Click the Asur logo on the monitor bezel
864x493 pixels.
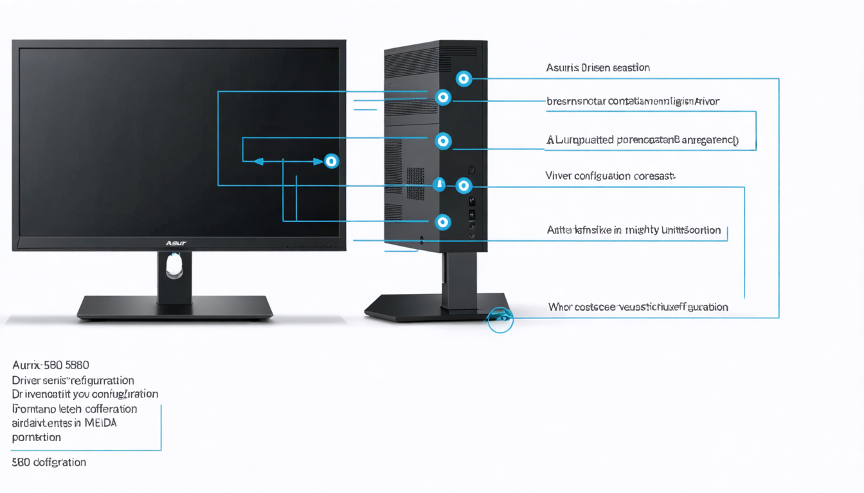coord(175,243)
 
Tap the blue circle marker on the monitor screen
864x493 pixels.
coord(331,160)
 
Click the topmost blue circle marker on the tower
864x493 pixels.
coord(464,79)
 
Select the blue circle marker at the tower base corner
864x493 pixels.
coord(500,318)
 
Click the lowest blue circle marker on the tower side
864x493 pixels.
coord(442,222)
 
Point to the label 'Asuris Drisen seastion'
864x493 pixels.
coord(597,67)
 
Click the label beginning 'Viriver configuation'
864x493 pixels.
coord(610,175)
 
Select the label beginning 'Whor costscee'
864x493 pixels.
coord(638,307)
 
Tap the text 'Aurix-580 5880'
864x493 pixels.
coord(50,365)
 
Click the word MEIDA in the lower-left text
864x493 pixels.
coord(100,423)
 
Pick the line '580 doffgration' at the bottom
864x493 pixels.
coord(49,462)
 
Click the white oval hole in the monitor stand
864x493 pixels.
coord(174,265)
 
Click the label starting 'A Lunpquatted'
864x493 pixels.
coord(642,139)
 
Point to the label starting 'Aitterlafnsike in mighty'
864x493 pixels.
coord(633,230)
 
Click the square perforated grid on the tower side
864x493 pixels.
coord(415,184)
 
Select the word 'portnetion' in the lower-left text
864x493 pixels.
coord(36,437)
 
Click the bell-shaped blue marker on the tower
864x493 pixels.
coord(439,184)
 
